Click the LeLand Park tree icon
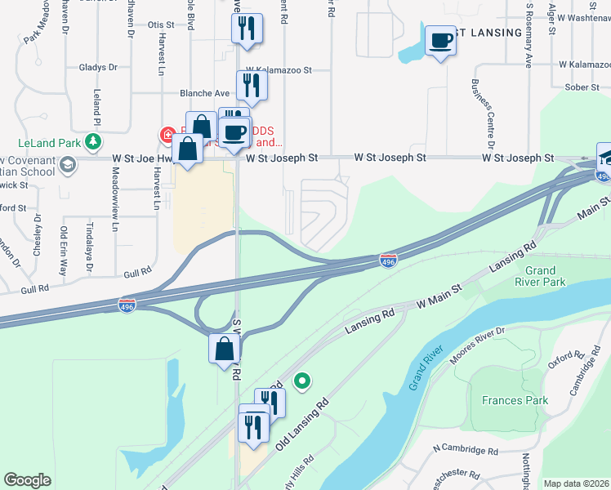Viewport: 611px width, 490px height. pos(95,141)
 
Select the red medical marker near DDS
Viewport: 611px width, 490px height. pos(167,133)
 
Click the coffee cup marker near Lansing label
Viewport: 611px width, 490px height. pos(441,40)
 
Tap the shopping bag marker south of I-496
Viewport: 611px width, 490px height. pos(224,350)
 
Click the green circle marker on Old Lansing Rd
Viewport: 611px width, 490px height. pos(301,381)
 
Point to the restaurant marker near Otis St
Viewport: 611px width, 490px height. pos(246,29)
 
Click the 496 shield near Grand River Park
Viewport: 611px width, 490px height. pos(389,261)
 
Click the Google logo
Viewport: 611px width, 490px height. pos(27,480)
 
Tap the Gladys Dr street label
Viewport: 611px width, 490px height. pos(99,67)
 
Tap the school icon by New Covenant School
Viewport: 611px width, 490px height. pos(68,166)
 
